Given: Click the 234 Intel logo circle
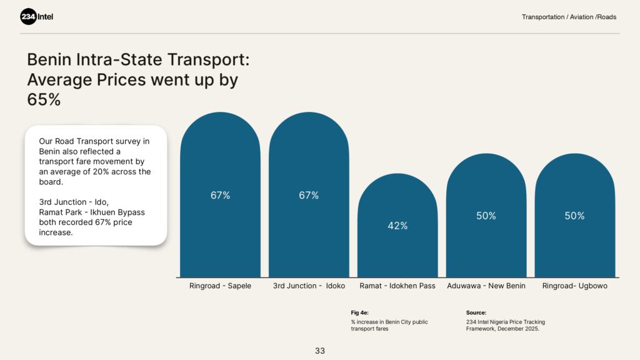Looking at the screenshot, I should (29, 17).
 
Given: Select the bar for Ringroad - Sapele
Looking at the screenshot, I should (220, 237).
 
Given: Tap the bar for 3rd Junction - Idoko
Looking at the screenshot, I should (309, 237).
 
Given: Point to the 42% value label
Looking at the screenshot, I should (397, 226).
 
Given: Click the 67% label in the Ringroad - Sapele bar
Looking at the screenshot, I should (220, 195).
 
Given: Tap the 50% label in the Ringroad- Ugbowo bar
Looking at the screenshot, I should (575, 216).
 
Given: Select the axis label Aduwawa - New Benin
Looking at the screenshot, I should (486, 286).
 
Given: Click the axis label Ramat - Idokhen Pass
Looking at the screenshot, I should (397, 286).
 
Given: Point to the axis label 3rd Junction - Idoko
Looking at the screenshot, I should (309, 286).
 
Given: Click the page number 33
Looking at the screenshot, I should (320, 351).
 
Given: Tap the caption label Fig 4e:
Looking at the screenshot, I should (360, 312).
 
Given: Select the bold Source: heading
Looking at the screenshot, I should (476, 312).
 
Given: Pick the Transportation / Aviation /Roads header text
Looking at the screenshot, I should (569, 17).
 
